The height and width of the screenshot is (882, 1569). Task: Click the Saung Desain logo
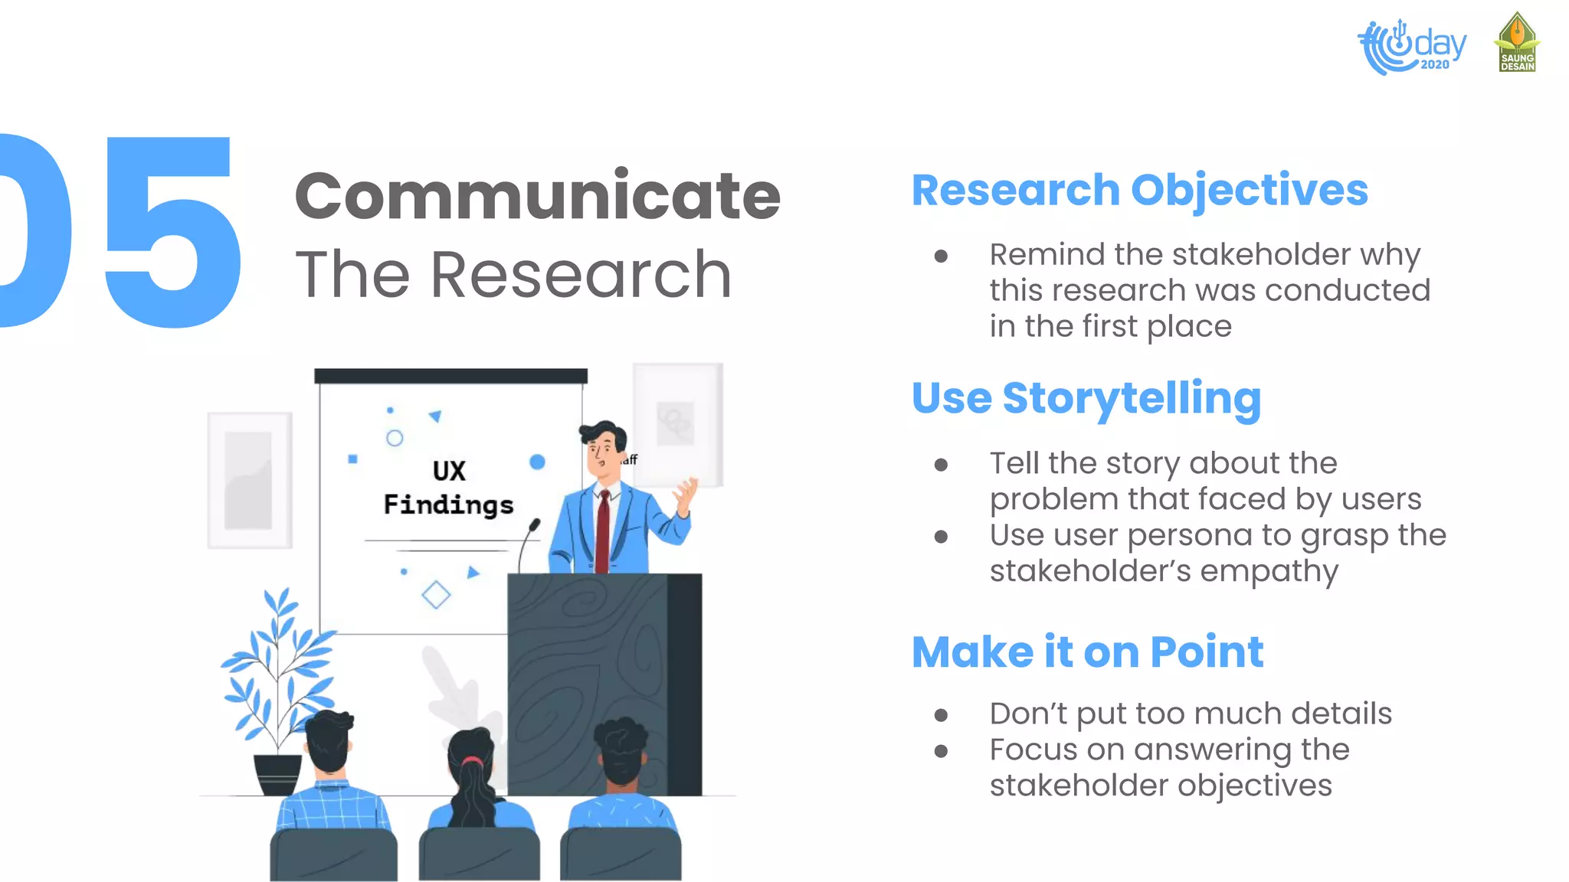click(1517, 43)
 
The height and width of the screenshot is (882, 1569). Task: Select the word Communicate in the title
click(537, 196)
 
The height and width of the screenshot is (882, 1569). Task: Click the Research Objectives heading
click(1139, 190)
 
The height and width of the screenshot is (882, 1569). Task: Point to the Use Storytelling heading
click(1086, 398)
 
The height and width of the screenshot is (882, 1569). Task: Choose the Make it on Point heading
click(1087, 652)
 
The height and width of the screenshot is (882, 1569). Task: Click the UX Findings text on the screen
click(448, 488)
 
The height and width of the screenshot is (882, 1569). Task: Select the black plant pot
click(277, 774)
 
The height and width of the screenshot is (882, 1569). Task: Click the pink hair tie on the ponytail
click(472, 761)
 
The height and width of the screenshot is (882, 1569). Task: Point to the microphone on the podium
click(534, 526)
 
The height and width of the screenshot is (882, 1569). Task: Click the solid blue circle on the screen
click(537, 462)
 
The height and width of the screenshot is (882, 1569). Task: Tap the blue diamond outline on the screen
click(436, 595)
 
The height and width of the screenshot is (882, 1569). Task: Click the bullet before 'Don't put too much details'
click(941, 715)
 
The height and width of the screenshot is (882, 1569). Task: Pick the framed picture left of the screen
click(250, 480)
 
